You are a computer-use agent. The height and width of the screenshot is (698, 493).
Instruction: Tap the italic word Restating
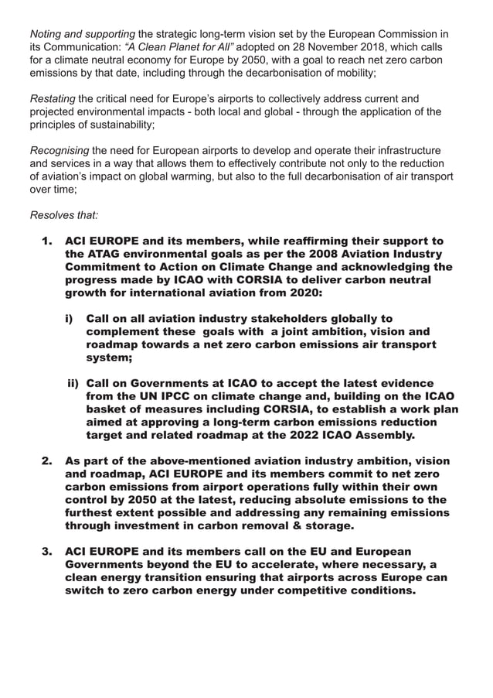tap(53, 99)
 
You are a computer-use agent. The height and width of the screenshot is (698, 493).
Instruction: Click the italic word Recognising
tap(59, 150)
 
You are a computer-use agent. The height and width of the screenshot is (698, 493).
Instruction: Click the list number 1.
tap(48, 241)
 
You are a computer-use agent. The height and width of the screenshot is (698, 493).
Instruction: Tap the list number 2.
tap(48, 462)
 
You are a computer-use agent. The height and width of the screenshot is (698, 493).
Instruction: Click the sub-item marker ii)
tap(73, 383)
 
